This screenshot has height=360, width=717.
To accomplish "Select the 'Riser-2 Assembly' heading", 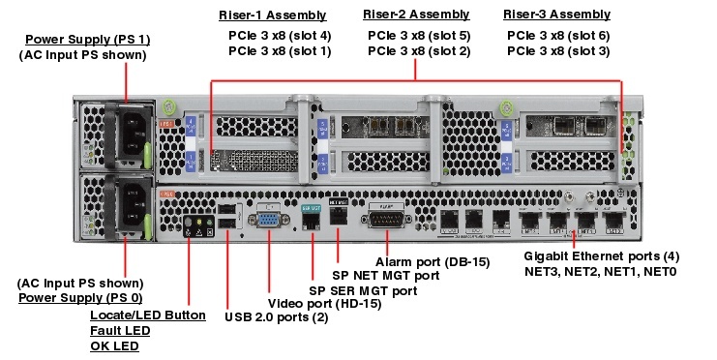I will pos(417,15).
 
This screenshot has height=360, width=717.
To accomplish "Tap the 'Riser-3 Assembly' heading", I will pos(557,15).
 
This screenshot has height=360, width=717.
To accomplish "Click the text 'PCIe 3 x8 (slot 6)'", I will pos(558,35).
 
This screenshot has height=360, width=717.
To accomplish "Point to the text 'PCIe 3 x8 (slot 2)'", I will pos(418,50).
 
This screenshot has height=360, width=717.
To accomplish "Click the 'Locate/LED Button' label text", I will pos(147,315).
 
